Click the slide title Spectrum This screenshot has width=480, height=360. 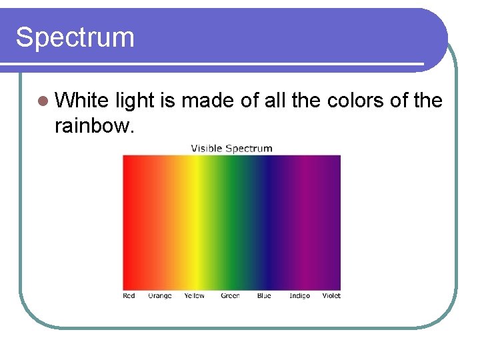pos(75,37)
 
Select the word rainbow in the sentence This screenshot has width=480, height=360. pos(94,125)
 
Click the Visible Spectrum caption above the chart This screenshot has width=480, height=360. pos(231,148)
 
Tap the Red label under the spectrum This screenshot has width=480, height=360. pos(129,295)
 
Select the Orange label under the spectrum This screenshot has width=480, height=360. pos(159,295)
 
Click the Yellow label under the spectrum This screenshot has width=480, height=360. pos(194,295)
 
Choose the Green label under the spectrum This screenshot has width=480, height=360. pos(230,295)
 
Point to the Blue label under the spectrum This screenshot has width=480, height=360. pos(264,295)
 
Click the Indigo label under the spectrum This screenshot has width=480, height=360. pos(299,295)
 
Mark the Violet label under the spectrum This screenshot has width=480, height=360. pos(331,295)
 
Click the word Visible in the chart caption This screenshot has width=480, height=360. pos(207,148)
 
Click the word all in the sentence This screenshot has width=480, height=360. pos(275,101)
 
